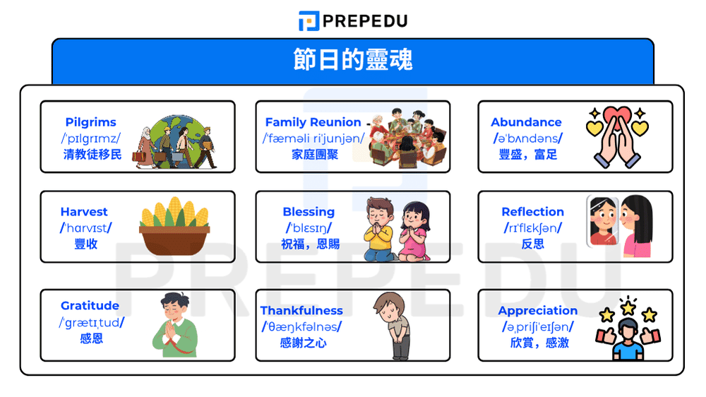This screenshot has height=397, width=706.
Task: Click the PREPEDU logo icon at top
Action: coord(309,20)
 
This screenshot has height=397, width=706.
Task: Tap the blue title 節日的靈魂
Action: coord(352,59)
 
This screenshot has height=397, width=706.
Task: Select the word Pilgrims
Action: coord(90,122)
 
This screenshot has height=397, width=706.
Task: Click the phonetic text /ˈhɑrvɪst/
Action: coord(85,228)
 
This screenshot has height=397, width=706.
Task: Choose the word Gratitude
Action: coord(90,306)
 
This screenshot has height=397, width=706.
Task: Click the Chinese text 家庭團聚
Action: coord(315,154)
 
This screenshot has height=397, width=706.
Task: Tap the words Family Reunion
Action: coord(313,122)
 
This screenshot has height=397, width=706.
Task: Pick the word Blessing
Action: coord(309,212)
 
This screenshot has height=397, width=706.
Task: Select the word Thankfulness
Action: coord(301,311)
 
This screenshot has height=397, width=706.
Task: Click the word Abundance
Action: coord(526,122)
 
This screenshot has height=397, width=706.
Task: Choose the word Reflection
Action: coord(532,212)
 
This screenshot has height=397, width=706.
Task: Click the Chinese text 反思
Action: coord(532,244)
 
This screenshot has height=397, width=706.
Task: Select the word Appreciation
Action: coord(537,311)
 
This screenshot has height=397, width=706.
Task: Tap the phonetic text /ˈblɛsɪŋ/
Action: coord(309,228)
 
